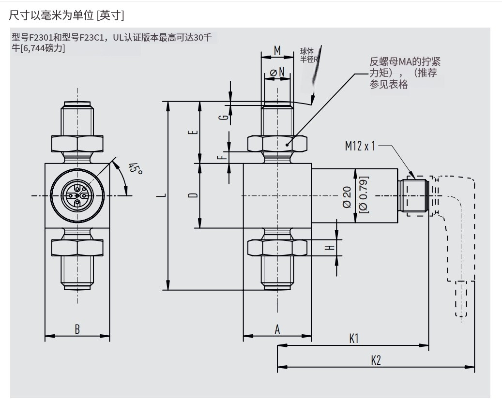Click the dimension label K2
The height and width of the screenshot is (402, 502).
click(x=376, y=360)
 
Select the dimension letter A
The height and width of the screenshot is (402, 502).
click(x=277, y=329)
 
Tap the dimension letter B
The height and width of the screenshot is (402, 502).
click(x=77, y=329)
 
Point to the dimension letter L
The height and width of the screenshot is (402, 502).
click(x=164, y=196)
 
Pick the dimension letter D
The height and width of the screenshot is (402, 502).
click(x=193, y=195)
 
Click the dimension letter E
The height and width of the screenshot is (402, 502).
click(x=193, y=133)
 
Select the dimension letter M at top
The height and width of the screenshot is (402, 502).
click(x=277, y=50)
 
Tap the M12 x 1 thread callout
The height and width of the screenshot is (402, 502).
click(x=360, y=146)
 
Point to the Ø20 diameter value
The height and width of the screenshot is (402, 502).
click(x=347, y=196)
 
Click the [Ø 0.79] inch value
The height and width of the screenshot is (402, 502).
click(x=364, y=195)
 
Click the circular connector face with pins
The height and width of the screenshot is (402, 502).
click(x=77, y=195)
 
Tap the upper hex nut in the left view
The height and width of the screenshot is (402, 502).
click(x=77, y=143)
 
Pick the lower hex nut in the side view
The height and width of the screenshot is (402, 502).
click(x=277, y=247)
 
